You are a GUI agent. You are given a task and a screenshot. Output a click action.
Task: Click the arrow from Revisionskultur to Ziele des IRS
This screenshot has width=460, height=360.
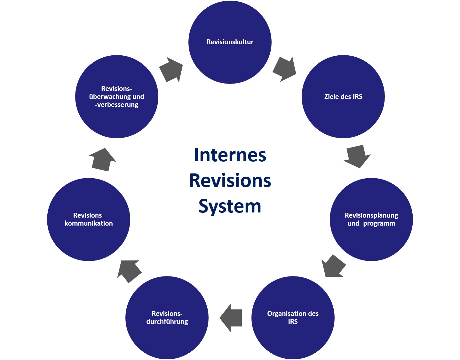tap(284, 69)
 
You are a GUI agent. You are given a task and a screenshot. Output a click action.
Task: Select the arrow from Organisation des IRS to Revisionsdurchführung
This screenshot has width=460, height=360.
tap(231, 318)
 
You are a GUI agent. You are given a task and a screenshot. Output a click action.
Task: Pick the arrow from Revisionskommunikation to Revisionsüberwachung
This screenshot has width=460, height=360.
tap(102, 160)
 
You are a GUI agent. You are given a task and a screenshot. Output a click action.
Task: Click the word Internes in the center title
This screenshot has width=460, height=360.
tap(230, 155)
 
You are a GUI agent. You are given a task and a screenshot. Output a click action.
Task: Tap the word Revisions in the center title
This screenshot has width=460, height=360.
tap(230, 180)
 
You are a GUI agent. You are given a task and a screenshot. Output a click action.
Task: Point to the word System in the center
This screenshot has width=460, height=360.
tap(230, 206)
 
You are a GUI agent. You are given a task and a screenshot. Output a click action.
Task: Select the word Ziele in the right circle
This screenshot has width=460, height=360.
tap(331, 97)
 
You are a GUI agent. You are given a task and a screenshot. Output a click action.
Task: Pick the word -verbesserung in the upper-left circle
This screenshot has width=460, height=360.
tap(117, 105)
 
